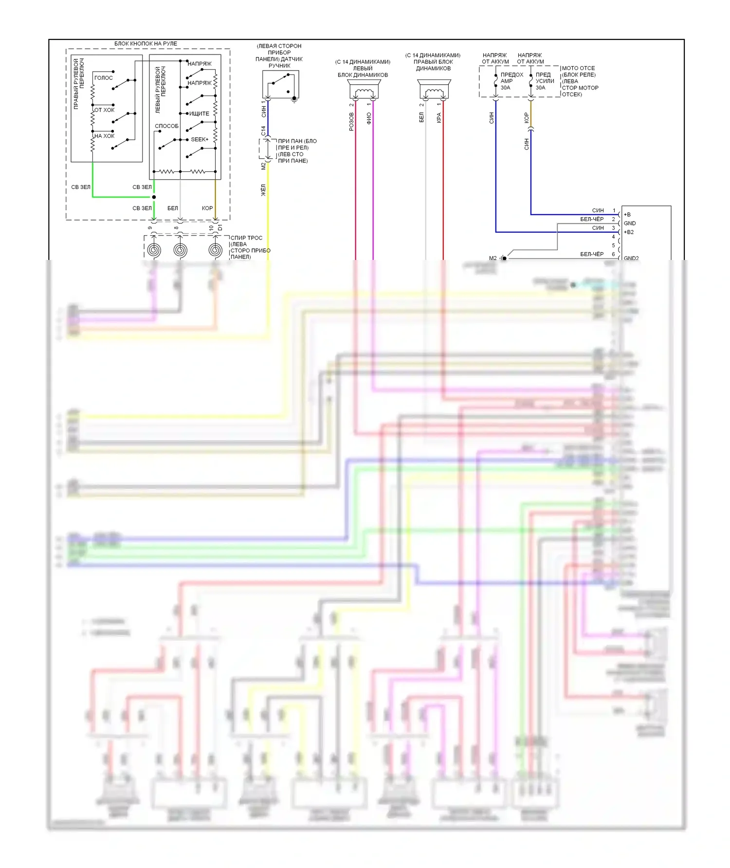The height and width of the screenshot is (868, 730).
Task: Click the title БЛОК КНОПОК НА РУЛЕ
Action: click(x=146, y=44)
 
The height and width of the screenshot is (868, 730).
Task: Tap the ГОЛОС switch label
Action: click(x=103, y=78)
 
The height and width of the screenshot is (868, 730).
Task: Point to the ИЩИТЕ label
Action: click(x=199, y=113)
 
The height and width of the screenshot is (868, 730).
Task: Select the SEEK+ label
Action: click(x=200, y=140)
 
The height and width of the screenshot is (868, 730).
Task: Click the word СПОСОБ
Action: click(x=166, y=126)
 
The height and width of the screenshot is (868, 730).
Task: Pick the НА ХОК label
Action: click(x=104, y=136)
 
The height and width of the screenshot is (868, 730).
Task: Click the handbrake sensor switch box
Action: click(x=280, y=84)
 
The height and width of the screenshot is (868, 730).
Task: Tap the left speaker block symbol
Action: click(x=364, y=91)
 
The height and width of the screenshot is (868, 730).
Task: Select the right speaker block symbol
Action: click(x=434, y=91)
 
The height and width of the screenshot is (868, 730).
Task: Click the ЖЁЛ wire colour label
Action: click(x=263, y=190)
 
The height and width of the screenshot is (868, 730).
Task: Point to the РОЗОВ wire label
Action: click(x=351, y=122)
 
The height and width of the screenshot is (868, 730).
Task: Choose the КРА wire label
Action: click(x=439, y=118)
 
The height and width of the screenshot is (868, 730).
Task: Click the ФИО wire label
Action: click(x=369, y=118)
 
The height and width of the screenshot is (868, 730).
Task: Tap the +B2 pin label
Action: click(x=629, y=232)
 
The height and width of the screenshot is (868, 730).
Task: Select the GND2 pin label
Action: click(x=631, y=258)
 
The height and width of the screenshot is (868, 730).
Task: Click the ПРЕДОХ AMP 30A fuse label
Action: click(x=511, y=81)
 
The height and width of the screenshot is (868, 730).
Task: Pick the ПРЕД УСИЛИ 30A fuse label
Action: click(x=545, y=81)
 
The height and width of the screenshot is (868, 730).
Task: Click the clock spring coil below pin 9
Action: click(x=154, y=250)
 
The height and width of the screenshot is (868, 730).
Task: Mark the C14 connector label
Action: click(x=263, y=130)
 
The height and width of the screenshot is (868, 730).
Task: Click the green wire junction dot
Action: click(x=154, y=197)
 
